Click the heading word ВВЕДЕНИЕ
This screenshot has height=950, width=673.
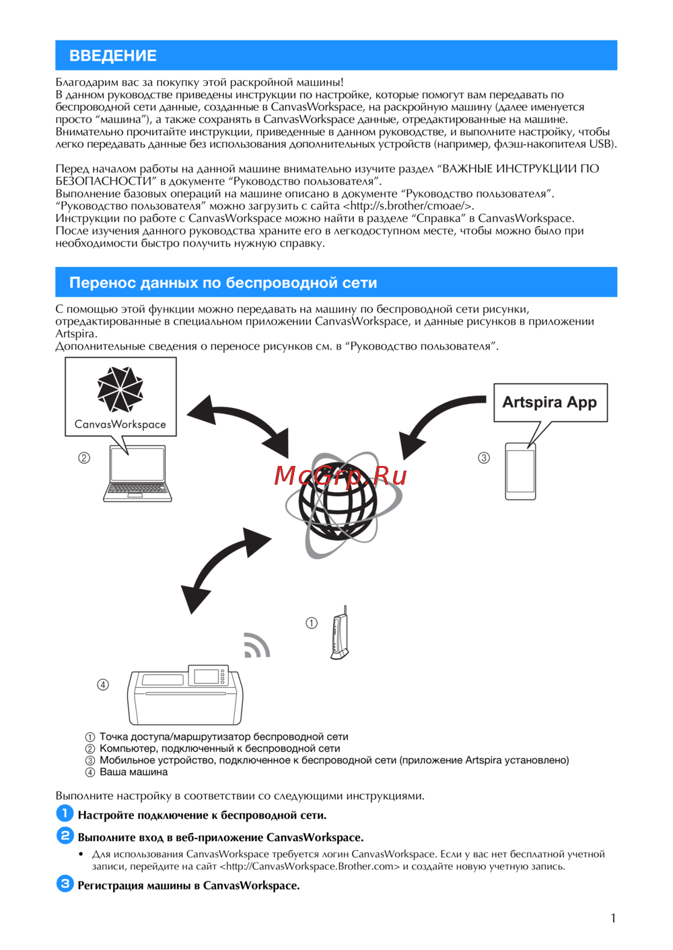(x=113, y=56)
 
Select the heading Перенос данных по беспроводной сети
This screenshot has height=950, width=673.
(x=223, y=283)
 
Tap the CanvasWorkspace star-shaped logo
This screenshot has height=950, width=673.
(x=120, y=389)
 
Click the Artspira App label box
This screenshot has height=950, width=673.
(x=550, y=402)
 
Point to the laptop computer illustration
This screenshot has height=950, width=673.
(x=137, y=473)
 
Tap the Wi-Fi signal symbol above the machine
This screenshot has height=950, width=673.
(x=256, y=646)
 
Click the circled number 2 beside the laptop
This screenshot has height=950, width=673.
(x=84, y=458)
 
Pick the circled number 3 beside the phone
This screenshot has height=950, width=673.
(x=484, y=458)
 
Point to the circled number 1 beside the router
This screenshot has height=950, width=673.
(x=312, y=623)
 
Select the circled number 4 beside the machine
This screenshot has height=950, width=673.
(x=103, y=684)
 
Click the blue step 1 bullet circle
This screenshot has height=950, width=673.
(x=65, y=814)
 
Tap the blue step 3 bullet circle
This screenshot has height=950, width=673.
(x=65, y=883)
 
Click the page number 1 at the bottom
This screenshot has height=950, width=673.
(x=613, y=918)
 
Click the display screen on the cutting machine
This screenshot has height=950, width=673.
(x=207, y=676)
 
